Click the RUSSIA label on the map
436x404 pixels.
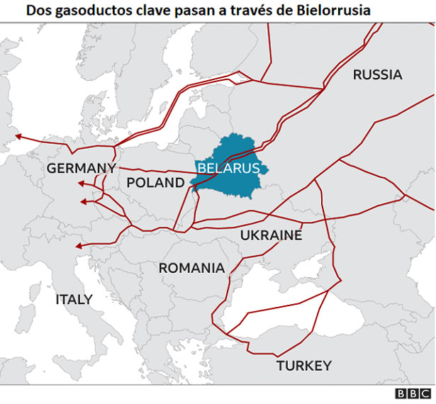(377, 74)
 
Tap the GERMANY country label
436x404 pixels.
(81, 168)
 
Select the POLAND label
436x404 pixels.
(155, 183)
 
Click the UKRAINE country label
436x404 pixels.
(271, 235)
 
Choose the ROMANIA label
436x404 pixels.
(191, 268)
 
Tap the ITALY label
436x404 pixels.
(74, 299)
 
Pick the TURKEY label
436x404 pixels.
(303, 366)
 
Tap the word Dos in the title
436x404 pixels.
(38, 11)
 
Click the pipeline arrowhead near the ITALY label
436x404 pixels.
(77, 246)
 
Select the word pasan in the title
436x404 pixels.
(190, 11)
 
